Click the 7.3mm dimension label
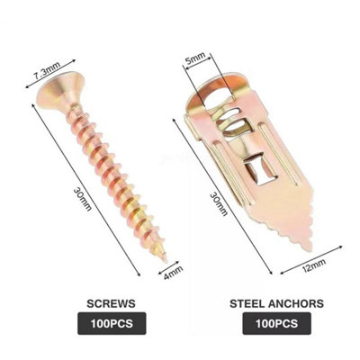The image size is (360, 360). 46,71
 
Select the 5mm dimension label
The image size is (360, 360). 195,59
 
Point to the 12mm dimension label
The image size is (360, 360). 314,265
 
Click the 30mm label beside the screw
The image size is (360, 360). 82,199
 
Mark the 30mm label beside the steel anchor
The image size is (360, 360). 219,204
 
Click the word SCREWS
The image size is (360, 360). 111,303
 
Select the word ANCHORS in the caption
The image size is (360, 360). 296,303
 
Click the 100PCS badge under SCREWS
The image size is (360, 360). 112,323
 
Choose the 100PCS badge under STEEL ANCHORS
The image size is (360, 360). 276,323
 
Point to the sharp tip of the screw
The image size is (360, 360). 165,260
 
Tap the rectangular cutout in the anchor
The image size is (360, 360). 260,168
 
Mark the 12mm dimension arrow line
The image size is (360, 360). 311,259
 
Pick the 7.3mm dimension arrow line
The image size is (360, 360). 50,74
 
